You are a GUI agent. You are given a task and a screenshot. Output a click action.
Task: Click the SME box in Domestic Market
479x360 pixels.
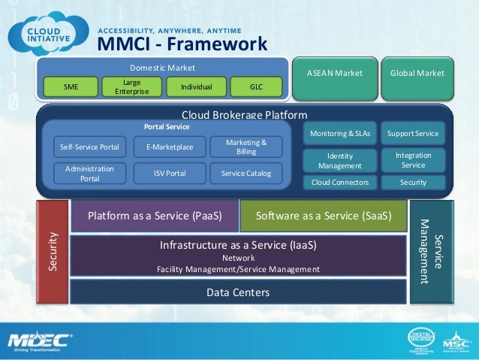tap(71, 88)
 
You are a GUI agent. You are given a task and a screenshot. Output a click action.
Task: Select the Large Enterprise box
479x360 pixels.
tap(132, 87)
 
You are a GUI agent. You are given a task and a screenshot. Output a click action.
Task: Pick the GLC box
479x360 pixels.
tap(256, 88)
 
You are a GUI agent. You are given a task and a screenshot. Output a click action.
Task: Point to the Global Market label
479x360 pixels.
tap(417, 73)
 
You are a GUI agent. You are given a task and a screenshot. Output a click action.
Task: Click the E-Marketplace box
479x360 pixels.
tap(170, 148)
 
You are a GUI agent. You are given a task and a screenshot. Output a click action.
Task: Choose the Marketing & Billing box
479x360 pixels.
tap(246, 147)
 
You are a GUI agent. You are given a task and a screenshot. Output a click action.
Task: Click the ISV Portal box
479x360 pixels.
tap(170, 174)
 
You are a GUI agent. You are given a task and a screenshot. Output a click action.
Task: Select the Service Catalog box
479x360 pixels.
tap(246, 174)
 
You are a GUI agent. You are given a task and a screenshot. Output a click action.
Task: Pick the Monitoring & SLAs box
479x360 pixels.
tap(339, 133)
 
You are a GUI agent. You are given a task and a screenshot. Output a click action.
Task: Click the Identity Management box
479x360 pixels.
tap(339, 160)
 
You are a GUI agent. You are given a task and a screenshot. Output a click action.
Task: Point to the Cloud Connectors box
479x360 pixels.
tap(339, 183)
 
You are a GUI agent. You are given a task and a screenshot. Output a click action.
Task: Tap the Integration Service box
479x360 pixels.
tap(413, 159)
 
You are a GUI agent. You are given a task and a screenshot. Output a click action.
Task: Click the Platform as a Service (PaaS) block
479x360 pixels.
tap(154, 216)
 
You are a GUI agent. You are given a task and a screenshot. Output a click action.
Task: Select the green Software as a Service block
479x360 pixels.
tap(324, 216)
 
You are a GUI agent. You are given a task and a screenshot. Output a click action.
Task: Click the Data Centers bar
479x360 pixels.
tap(238, 292)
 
